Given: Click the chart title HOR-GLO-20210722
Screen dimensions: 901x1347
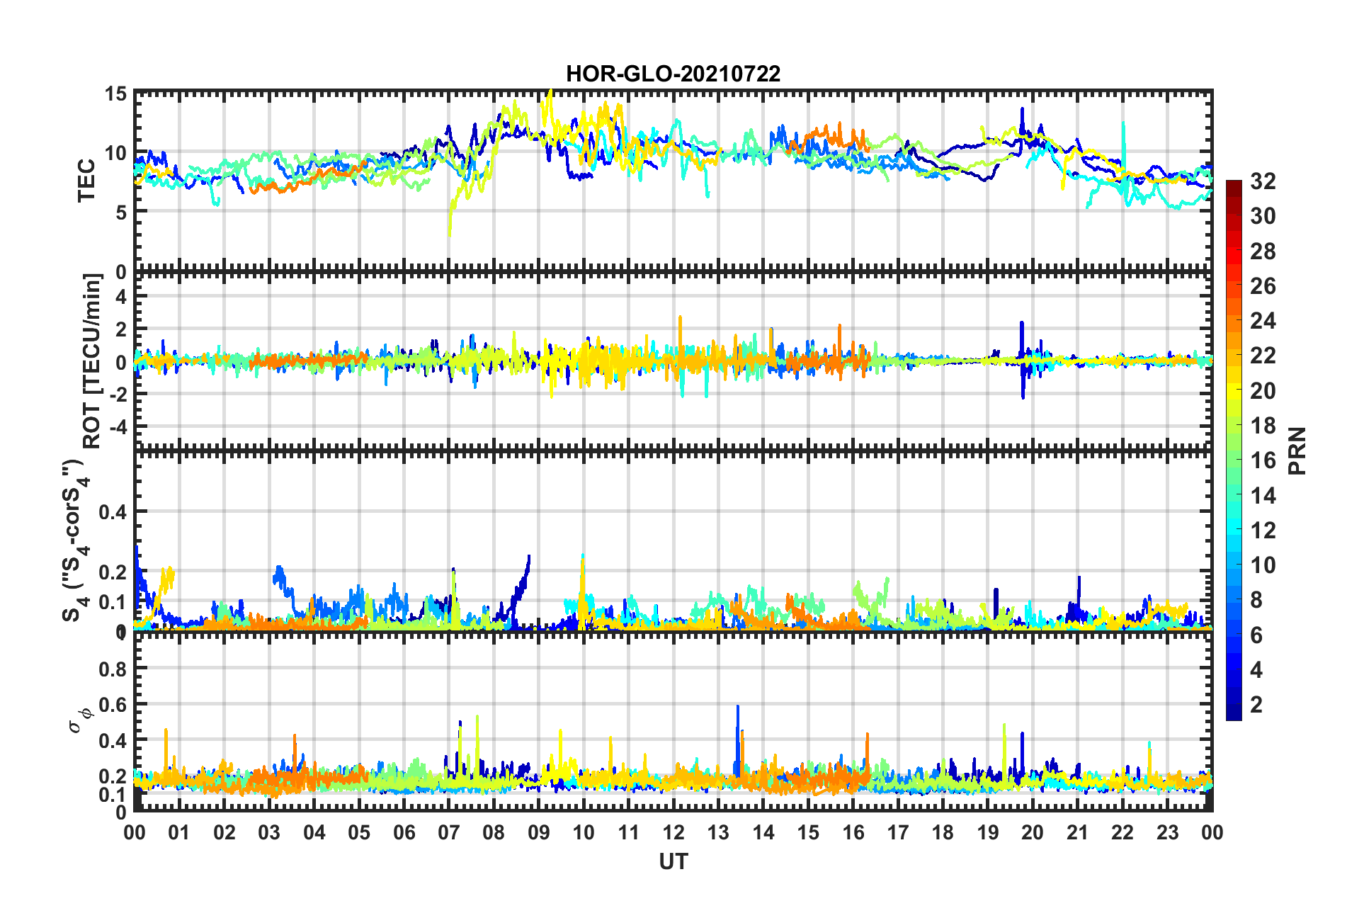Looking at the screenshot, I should [673, 74].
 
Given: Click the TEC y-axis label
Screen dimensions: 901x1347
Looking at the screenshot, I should [86, 181].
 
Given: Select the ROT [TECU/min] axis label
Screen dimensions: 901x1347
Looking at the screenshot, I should [92, 361].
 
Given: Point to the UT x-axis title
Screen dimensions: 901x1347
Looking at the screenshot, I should [673, 861].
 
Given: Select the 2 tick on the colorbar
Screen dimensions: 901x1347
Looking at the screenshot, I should [1256, 704].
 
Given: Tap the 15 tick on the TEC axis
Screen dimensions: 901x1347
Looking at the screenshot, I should [115, 94].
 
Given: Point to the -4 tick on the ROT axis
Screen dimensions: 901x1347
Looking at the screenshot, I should [115, 427].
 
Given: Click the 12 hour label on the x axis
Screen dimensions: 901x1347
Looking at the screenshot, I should [673, 832].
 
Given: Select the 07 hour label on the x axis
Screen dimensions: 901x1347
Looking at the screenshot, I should [449, 832].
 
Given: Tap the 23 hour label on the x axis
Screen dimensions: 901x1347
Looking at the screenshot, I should [1167, 832].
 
